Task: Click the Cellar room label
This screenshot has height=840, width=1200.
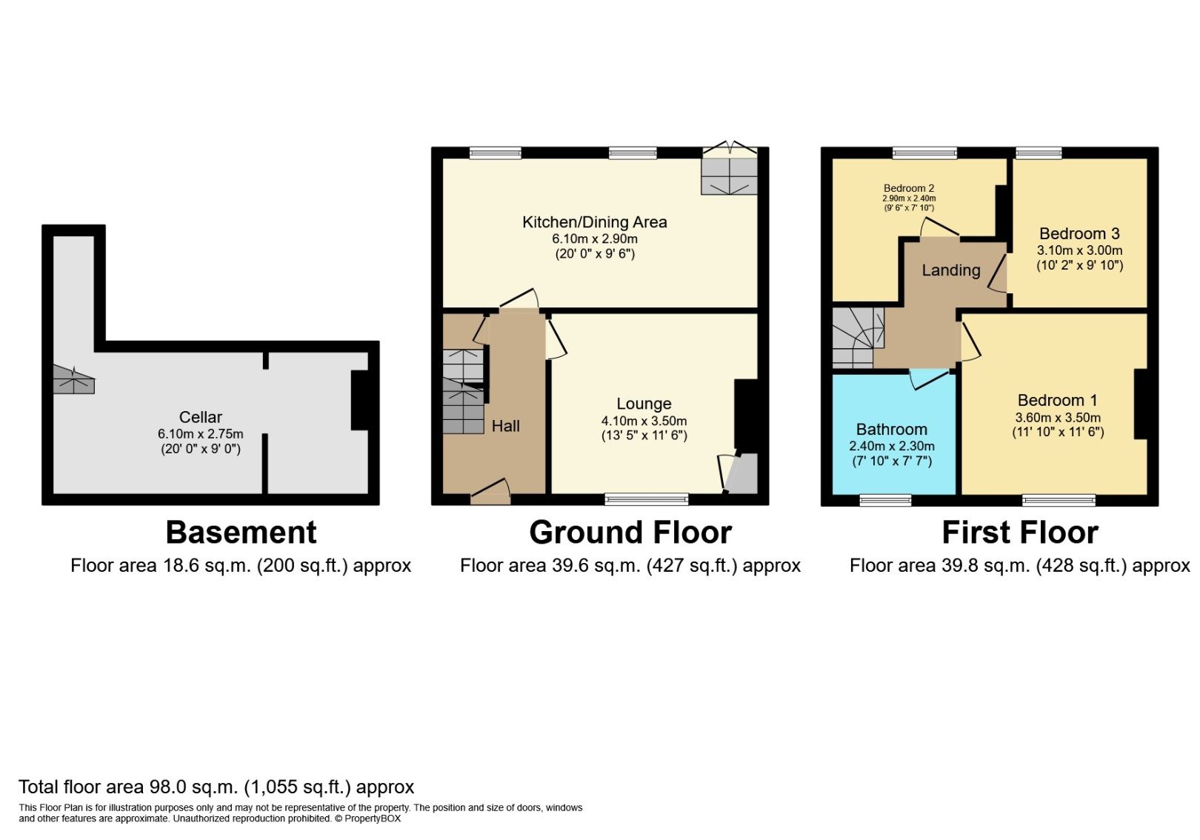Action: (x=200, y=417)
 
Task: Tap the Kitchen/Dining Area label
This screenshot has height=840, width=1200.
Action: (x=594, y=222)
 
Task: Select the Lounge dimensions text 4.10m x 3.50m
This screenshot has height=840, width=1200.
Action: (x=644, y=421)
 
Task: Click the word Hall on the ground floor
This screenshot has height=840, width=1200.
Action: (x=505, y=426)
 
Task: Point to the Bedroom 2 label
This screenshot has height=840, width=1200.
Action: (x=909, y=188)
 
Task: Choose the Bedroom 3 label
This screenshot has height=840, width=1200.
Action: (x=1079, y=233)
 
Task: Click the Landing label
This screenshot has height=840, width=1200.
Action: (x=950, y=270)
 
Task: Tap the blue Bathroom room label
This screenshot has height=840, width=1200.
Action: (x=891, y=430)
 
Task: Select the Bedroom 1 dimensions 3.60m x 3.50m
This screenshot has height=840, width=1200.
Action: (x=1057, y=418)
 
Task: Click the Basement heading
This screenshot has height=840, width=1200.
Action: (x=241, y=533)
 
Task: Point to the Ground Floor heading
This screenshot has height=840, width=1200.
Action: (x=630, y=533)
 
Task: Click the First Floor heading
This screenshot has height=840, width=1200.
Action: (x=1019, y=533)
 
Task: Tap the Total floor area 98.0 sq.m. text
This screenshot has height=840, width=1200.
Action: (x=216, y=787)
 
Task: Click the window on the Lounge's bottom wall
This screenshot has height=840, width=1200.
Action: (x=646, y=499)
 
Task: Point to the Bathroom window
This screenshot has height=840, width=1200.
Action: (x=885, y=500)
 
